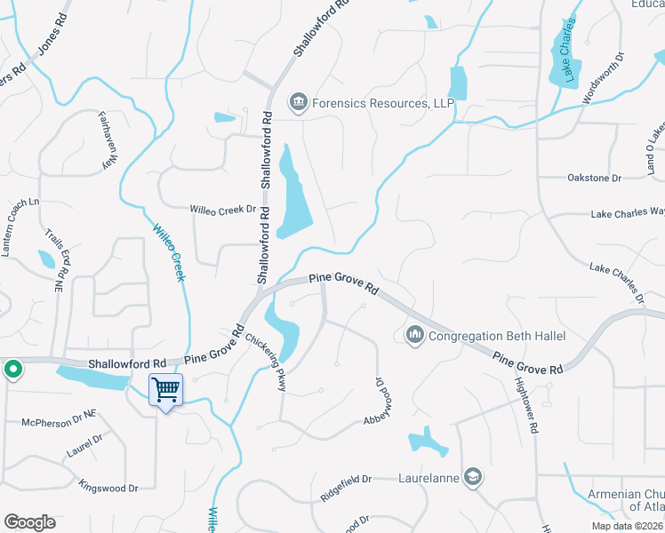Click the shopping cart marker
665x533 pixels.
(x=166, y=390)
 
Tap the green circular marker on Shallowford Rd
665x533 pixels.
(x=12, y=370)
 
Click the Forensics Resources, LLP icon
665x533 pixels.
(x=299, y=104)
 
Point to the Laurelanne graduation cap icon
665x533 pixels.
(x=473, y=476)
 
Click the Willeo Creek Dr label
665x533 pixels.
(x=222, y=210)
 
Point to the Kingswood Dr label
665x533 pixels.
(x=108, y=488)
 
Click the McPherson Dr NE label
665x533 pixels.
(x=59, y=422)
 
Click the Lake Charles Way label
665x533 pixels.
(x=628, y=212)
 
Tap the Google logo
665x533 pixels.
(x=28, y=522)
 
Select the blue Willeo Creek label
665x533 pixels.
(x=169, y=251)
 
